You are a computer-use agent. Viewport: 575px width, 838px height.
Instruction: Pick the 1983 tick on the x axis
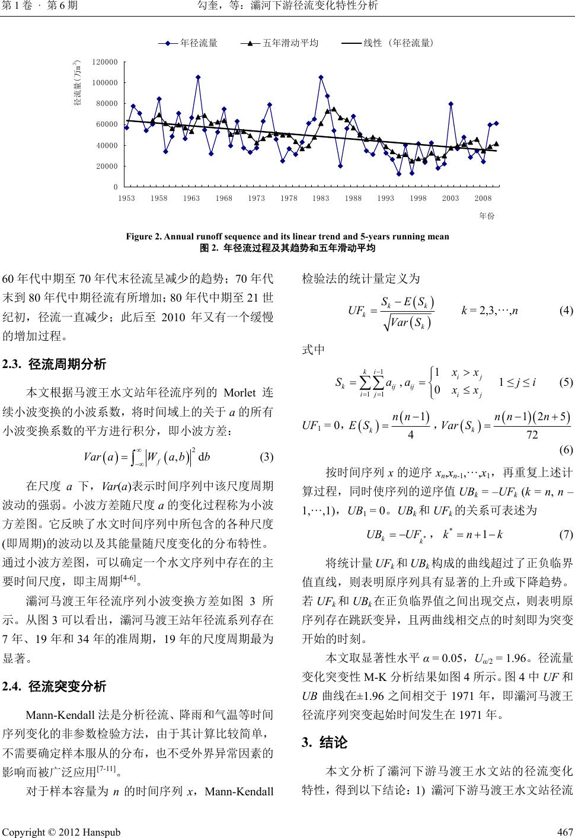[320, 199]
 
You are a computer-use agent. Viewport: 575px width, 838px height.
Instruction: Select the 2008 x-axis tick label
[483, 199]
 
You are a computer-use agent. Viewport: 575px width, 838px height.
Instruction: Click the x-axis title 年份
[487, 216]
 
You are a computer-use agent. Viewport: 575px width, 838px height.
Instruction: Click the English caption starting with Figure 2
[287, 236]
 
